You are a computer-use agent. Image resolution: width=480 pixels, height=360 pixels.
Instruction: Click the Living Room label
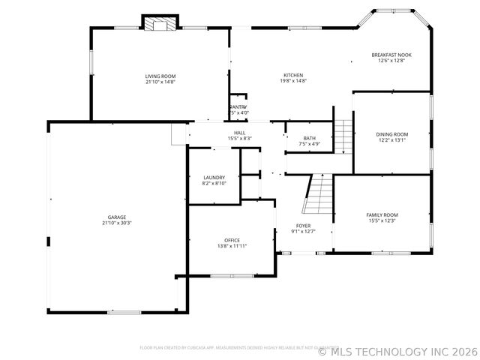click(160, 76)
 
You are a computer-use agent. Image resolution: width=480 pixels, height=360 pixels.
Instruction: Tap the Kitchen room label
click(293, 75)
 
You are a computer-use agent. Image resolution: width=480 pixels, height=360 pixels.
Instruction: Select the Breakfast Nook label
click(391, 55)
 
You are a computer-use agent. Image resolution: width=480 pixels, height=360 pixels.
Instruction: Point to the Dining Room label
click(391, 134)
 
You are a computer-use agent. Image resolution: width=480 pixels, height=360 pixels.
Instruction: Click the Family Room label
click(382, 215)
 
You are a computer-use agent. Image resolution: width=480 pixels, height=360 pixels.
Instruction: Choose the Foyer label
click(303, 226)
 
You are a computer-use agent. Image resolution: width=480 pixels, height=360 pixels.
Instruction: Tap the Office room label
click(232, 240)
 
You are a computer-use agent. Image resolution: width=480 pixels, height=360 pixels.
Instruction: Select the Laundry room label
click(214, 178)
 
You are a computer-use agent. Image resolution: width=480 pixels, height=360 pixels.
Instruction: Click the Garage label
click(116, 217)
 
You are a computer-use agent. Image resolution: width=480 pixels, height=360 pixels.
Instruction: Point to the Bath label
click(310, 138)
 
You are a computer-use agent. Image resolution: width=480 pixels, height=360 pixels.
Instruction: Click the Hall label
click(239, 133)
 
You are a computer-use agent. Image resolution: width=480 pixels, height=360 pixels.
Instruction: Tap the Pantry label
click(238, 107)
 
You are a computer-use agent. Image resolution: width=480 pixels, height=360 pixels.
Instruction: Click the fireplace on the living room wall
click(160, 25)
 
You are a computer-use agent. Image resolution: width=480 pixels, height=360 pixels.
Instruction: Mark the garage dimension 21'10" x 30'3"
click(116, 223)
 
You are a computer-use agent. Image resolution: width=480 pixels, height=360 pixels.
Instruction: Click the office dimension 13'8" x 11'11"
click(232, 246)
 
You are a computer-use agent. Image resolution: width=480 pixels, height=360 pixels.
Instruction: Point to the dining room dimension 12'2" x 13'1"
click(391, 140)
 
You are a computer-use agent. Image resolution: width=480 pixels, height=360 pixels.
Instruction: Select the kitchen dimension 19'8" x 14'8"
click(293, 81)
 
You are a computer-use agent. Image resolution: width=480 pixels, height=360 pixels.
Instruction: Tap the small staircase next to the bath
click(343, 135)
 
